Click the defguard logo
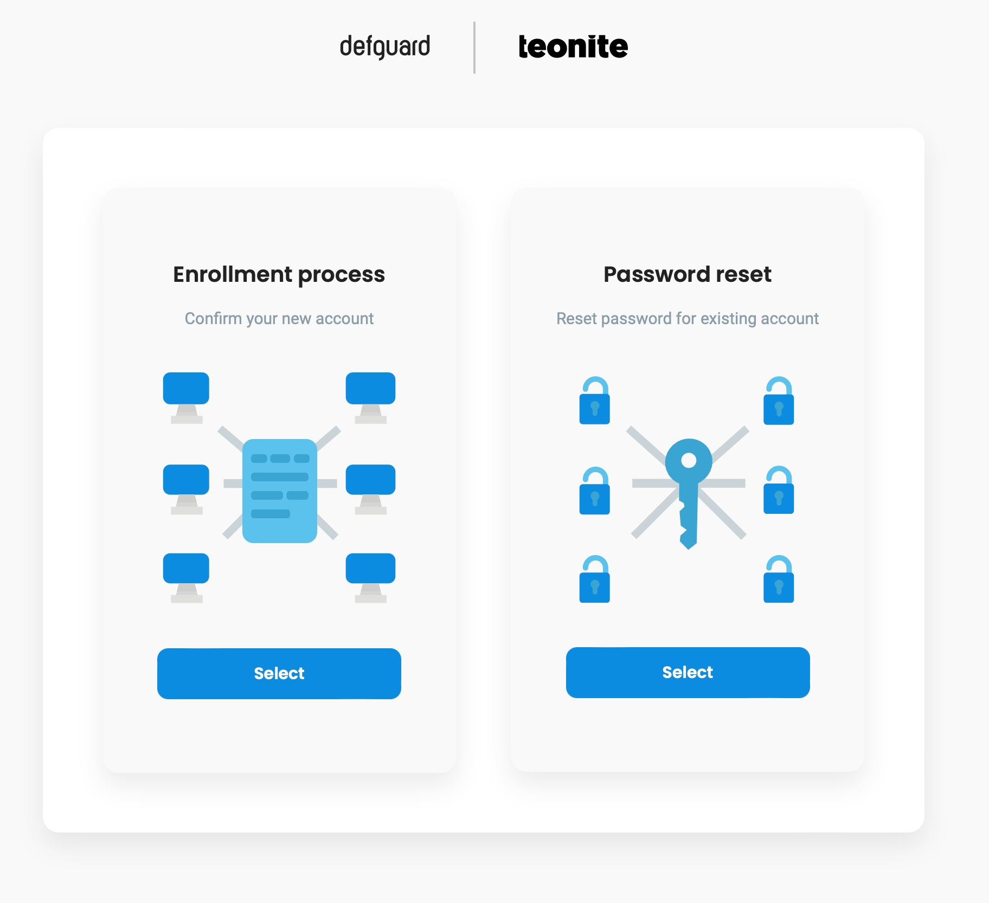[384, 47]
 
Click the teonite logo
[573, 47]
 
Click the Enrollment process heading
[279, 274]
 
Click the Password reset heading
[687, 274]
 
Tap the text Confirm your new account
[279, 318]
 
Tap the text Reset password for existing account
[687, 318]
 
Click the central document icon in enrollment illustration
[279, 491]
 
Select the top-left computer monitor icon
[186, 396]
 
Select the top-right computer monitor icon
[370, 396]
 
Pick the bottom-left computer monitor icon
[186, 577]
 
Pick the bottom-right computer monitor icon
[370, 577]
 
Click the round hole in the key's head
[689, 460]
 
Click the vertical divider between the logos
[474, 48]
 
